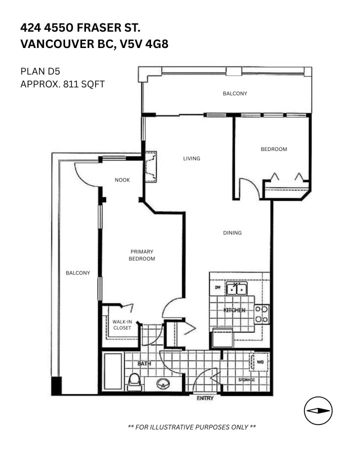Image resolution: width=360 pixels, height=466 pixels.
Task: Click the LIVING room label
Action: (191, 158)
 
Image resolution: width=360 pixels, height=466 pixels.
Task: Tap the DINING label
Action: (232, 233)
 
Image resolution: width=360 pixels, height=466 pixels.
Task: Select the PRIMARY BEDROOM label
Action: (142, 255)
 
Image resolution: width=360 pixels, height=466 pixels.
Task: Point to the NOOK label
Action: (122, 180)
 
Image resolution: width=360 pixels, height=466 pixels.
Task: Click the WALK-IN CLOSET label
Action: (121, 325)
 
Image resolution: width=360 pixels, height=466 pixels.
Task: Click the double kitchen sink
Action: (236, 289)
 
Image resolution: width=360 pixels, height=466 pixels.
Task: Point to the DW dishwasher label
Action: (217, 287)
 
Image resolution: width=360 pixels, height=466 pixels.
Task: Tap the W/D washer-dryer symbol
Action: (260, 362)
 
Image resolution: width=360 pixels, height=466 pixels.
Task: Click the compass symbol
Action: (318, 410)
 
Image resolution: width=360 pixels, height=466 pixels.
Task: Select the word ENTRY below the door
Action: (205, 398)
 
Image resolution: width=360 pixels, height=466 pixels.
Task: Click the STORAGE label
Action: (246, 380)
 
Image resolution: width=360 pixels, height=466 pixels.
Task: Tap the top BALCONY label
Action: (234, 93)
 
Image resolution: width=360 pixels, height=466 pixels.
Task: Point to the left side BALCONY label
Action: (78, 272)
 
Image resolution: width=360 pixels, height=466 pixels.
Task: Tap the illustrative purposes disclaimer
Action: (192, 427)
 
